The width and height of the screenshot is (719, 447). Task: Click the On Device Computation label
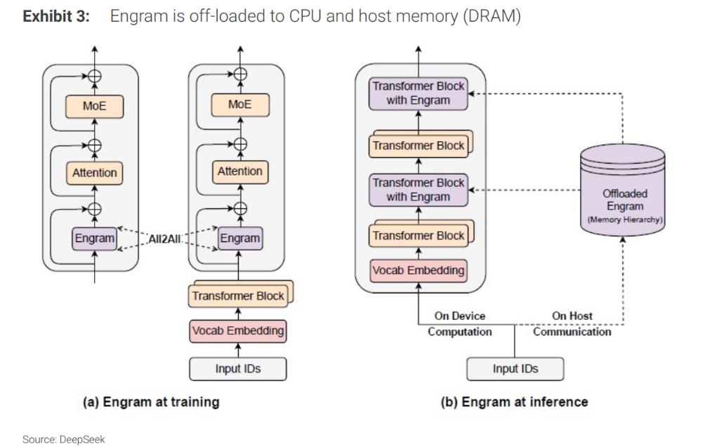(x=460, y=324)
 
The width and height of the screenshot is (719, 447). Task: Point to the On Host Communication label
(x=572, y=324)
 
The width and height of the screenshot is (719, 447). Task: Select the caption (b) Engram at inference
(x=515, y=402)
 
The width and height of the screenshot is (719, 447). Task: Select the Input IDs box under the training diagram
(x=239, y=367)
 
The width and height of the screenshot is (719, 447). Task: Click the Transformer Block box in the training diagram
(x=239, y=295)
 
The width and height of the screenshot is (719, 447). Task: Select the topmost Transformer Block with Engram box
(x=418, y=93)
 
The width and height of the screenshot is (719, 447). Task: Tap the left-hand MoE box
(x=94, y=105)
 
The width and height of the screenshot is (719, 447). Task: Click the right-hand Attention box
(x=240, y=171)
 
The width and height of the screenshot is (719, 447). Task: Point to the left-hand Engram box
(x=95, y=239)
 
